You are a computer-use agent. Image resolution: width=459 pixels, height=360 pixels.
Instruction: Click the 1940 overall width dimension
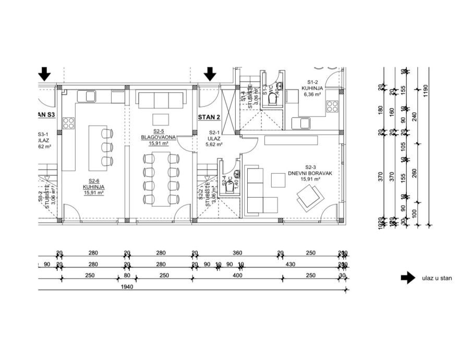(x=125, y=287)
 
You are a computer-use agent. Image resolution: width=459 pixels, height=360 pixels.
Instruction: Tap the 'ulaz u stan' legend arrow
(x=408, y=278)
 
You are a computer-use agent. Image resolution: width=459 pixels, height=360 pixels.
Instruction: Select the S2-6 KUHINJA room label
(x=94, y=189)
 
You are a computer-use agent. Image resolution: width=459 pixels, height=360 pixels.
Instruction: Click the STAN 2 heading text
(x=210, y=117)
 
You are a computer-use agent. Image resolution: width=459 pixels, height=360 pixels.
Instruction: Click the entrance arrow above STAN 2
(x=210, y=74)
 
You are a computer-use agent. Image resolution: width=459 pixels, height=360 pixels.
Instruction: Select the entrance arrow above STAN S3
(x=45, y=74)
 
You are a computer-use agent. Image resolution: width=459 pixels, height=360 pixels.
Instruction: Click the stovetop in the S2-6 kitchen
(x=69, y=124)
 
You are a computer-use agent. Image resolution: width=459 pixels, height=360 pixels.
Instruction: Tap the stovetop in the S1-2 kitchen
(x=332, y=107)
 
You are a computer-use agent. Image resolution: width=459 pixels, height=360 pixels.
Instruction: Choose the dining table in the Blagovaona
(x=161, y=179)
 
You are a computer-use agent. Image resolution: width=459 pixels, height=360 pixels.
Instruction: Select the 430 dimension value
(x=289, y=265)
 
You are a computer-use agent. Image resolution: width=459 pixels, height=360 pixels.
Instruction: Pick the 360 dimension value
(x=238, y=253)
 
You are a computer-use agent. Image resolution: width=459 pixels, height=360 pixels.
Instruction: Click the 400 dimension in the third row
(x=238, y=275)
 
